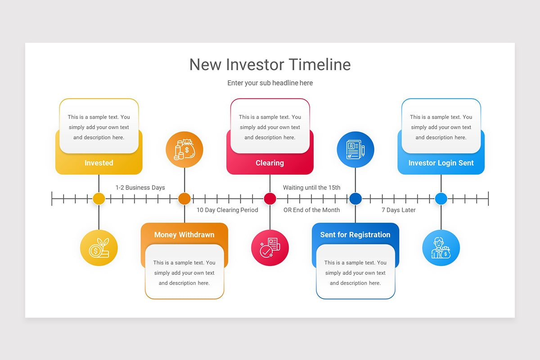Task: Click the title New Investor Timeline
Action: tap(270, 64)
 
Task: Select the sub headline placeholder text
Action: tap(270, 83)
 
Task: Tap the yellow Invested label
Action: tap(99, 163)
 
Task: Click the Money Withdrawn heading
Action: tap(184, 234)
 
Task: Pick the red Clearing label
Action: tap(270, 163)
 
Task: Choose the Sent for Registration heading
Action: tap(355, 234)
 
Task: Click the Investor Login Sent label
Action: tap(441, 163)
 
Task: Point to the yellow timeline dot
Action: tap(99, 198)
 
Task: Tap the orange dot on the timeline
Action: tap(184, 198)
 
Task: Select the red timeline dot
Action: tap(270, 198)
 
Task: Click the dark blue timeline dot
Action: tap(355, 198)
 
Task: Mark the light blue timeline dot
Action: tap(441, 198)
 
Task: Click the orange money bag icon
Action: tap(184, 149)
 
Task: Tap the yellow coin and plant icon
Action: tap(99, 248)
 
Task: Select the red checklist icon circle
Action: tap(270, 248)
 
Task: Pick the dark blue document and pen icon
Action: tap(355, 149)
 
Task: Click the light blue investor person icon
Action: tap(441, 248)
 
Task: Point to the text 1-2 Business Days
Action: tap(140, 188)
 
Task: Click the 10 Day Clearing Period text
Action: tap(227, 210)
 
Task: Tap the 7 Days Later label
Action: tap(399, 210)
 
